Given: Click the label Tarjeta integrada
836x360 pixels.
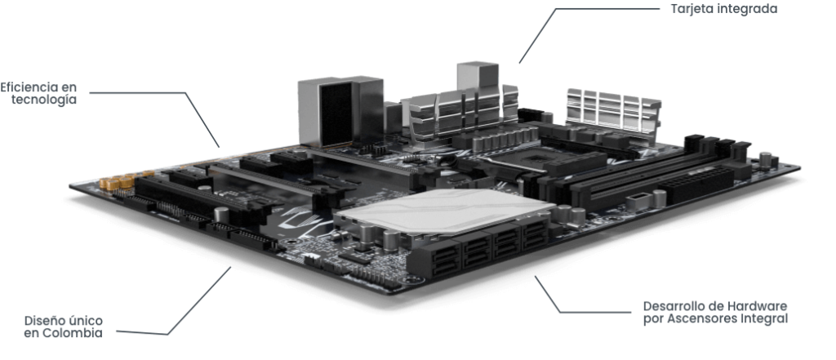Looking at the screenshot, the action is coord(723,9).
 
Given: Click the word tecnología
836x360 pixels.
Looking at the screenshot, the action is coord(44,100).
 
